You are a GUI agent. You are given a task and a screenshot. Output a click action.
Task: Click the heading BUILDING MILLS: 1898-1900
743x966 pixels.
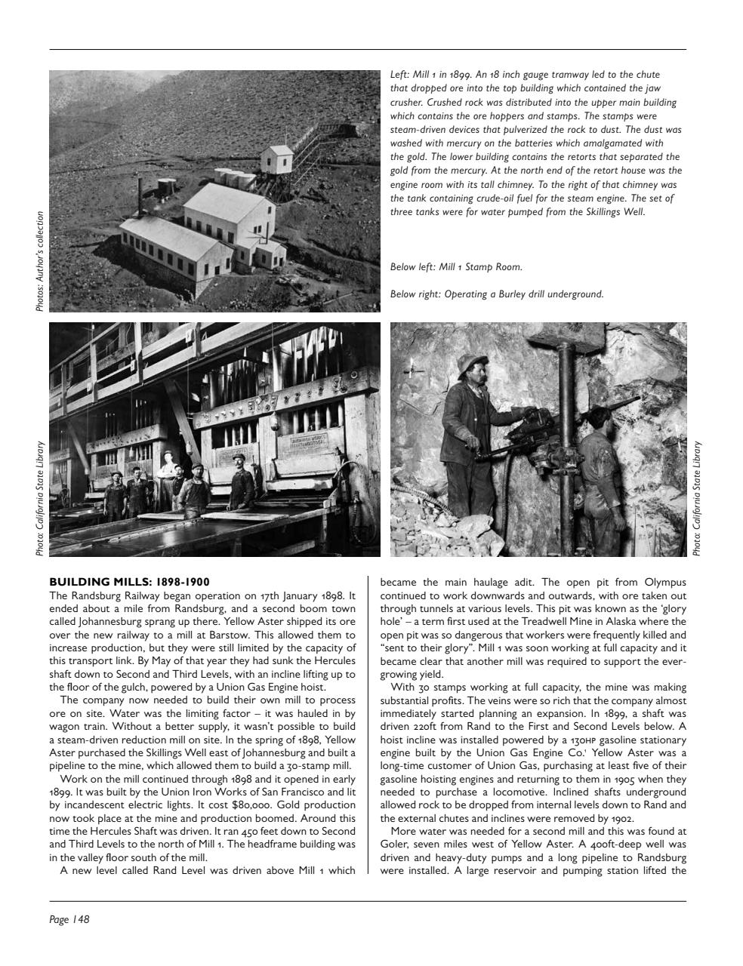tap(129, 582)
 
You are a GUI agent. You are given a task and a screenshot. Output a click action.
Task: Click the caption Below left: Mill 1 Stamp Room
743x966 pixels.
tap(456, 267)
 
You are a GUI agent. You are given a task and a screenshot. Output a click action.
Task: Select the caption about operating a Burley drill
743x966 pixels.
tap(497, 294)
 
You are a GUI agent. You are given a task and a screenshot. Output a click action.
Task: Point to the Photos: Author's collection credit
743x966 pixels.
tap(40, 261)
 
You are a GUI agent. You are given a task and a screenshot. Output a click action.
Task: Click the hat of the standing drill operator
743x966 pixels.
tap(472, 361)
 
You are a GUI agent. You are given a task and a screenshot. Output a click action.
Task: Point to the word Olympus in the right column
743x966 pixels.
tap(665, 582)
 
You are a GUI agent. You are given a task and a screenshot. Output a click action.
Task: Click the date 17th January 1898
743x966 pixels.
tap(292, 595)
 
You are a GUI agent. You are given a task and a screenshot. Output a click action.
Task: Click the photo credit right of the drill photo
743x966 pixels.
tap(698, 499)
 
